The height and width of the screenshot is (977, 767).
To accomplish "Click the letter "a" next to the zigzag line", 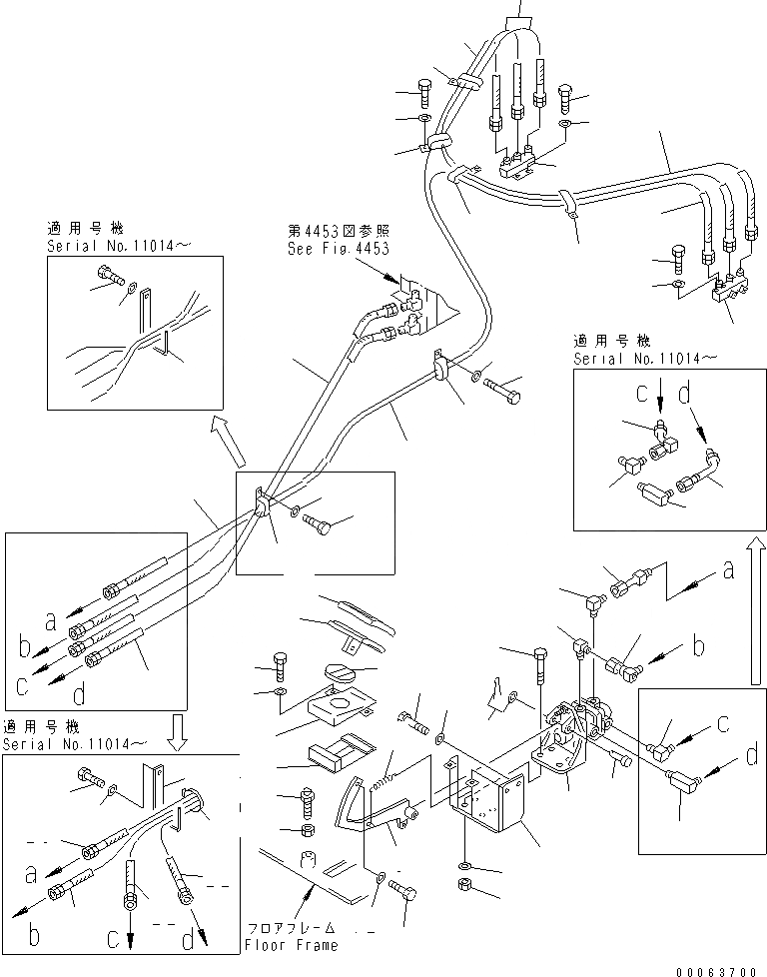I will pos(729,569).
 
